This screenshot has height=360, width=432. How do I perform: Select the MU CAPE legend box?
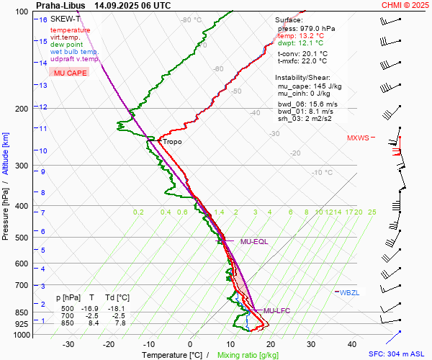coord(71,73)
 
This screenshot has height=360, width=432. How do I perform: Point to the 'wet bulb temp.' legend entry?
coord(75,53)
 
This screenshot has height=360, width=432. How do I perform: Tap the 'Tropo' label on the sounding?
coord(173,142)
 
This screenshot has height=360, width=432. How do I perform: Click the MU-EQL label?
coord(254,242)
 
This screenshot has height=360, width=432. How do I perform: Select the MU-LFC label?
coord(276,311)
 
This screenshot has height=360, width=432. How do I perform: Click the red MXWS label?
coord(358,138)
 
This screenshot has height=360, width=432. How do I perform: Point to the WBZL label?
coord(349,292)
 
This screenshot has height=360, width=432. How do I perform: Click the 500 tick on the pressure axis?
coord(21,238)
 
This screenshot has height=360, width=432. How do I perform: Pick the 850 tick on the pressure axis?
coord(21,313)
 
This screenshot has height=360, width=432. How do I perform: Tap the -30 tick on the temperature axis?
coord(69,344)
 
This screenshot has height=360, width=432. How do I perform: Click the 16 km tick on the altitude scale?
coord(43,20)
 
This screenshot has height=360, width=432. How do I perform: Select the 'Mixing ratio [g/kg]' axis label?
coord(248,355)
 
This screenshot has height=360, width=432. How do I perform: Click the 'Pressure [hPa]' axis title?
coord(6,210)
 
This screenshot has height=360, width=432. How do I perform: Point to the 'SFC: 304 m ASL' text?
coord(398,355)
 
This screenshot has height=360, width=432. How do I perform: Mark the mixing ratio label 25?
coord(372,212)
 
